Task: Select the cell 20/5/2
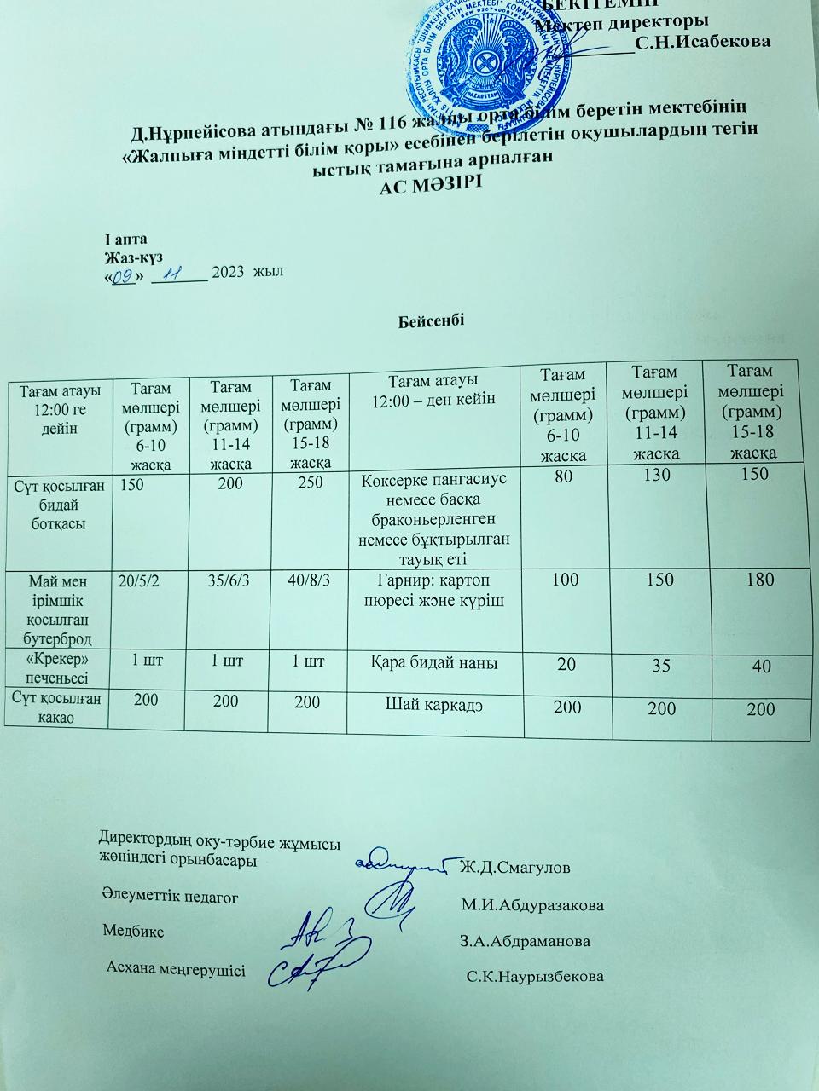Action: coord(139,582)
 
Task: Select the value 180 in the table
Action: coord(758,580)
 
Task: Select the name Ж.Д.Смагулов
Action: coord(514,869)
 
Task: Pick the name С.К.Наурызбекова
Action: coord(535,976)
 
